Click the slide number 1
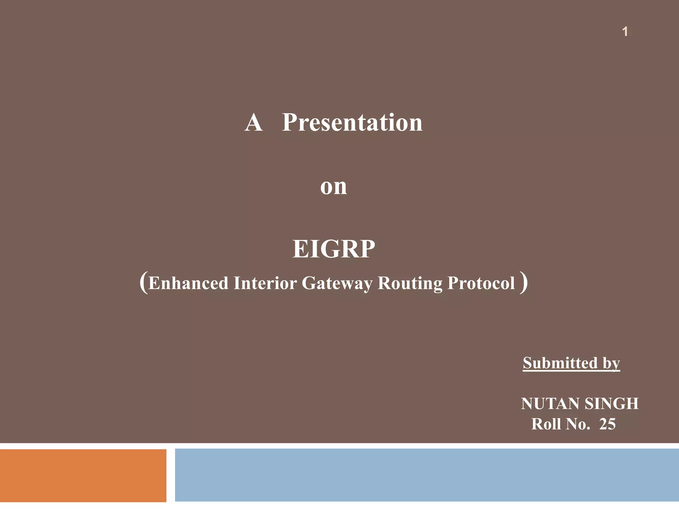click(625, 32)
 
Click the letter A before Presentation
click(254, 123)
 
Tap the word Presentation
click(352, 123)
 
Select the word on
click(334, 187)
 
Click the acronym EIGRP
click(334, 249)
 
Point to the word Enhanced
click(188, 283)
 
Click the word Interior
click(265, 283)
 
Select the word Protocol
click(481, 283)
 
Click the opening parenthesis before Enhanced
click(143, 282)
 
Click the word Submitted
click(560, 363)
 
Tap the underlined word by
click(611, 364)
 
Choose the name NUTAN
click(550, 404)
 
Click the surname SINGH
click(611, 404)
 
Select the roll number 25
click(607, 424)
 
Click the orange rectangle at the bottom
click(83, 475)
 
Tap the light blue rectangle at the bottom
click(427, 475)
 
